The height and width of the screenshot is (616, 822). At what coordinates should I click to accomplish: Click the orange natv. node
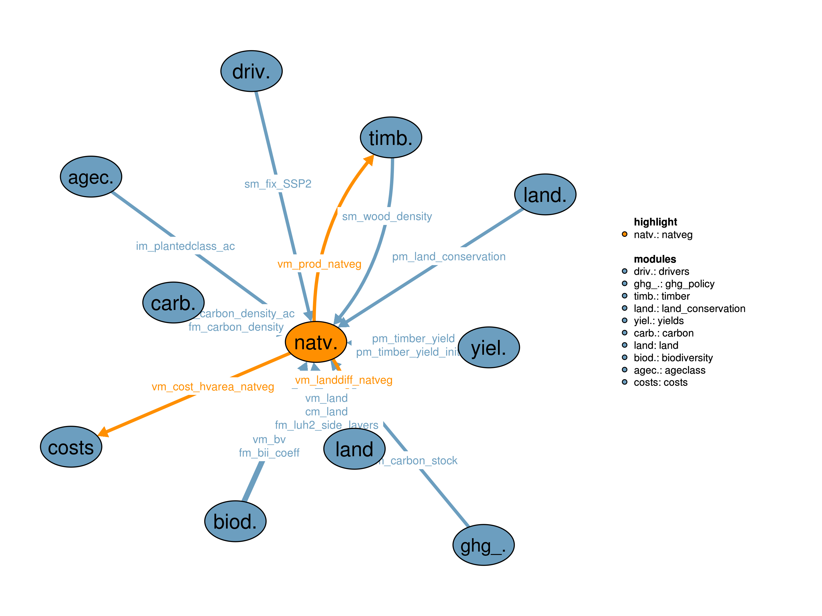315,342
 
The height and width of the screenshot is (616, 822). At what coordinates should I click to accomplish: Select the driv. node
251,71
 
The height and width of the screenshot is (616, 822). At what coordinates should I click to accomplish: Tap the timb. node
391,137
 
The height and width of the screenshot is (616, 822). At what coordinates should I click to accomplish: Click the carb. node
173,302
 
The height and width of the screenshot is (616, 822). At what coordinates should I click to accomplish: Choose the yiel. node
488,348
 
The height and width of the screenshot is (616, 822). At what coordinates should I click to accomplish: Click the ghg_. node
483,545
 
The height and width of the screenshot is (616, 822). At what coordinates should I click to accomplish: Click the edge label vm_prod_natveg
319,264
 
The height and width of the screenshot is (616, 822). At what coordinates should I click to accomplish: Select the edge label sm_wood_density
387,216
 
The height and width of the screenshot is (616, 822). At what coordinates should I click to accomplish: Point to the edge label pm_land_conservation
448,257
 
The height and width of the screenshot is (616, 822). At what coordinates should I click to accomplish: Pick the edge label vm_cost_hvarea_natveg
213,387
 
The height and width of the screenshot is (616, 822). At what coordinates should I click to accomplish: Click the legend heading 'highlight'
655,222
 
